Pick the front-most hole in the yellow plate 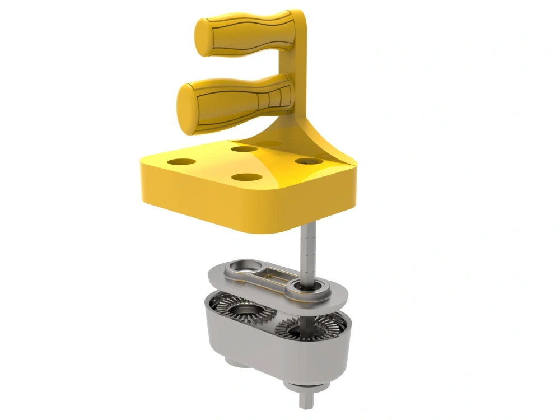tap(247, 178)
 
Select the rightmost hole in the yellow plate tap(307, 161)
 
